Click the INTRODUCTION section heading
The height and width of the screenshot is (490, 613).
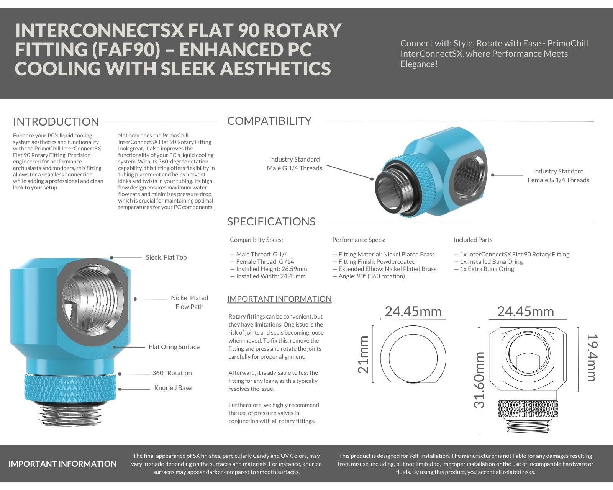pyautogui.click(x=56, y=122)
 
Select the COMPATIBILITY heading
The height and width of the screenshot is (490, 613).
pyautogui.click(x=269, y=121)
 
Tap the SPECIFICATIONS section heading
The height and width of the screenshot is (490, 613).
pyautogui.click(x=271, y=222)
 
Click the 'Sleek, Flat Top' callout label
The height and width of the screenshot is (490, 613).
pyautogui.click(x=166, y=257)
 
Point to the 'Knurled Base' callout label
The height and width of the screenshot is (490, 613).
pyautogui.click(x=173, y=388)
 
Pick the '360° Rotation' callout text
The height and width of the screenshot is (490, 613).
pyautogui.click(x=172, y=373)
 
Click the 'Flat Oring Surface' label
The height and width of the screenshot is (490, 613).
pyautogui.click(x=174, y=347)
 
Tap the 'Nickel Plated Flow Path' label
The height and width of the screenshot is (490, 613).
pyautogui.click(x=189, y=302)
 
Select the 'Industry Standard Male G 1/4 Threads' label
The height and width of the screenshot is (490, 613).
pyautogui.click(x=294, y=163)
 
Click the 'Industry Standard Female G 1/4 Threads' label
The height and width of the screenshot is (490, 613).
pyautogui.click(x=558, y=175)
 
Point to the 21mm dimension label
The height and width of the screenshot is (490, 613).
pyautogui.click(x=363, y=354)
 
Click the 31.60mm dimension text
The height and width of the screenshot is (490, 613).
pyautogui.click(x=479, y=380)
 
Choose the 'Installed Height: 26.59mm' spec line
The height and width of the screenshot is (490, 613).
pyautogui.click(x=271, y=269)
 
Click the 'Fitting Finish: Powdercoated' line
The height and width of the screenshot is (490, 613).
pyautogui.click(x=377, y=261)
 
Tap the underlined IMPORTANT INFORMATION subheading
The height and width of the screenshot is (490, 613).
pyautogui.click(x=279, y=299)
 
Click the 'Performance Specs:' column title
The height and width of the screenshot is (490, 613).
pyautogui.click(x=359, y=240)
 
